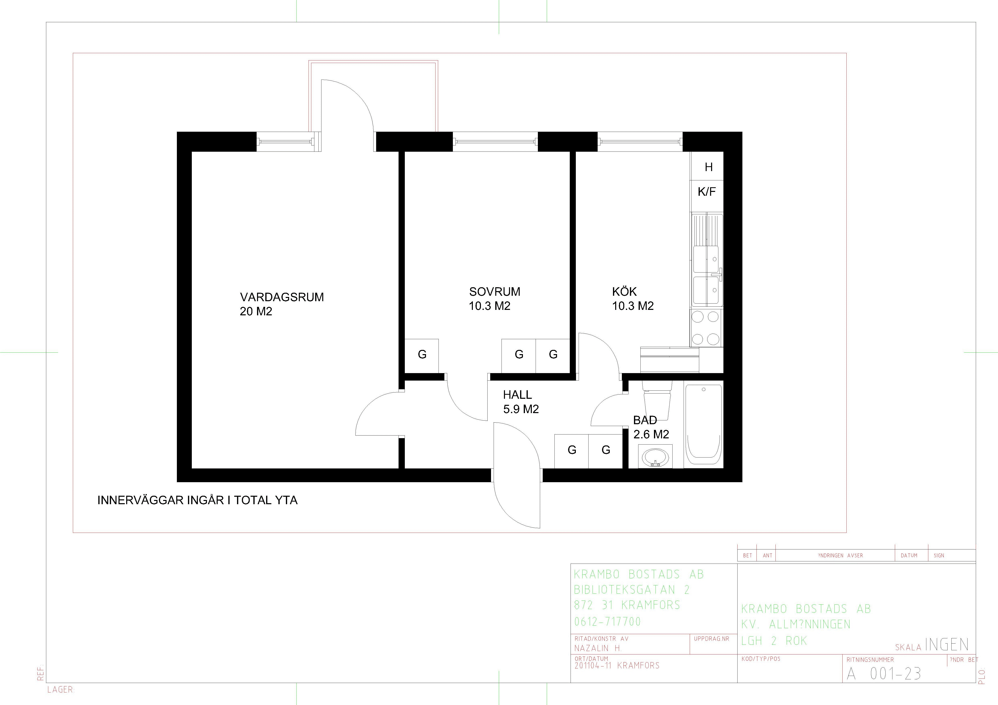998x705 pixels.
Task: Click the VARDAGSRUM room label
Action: [x=282, y=297]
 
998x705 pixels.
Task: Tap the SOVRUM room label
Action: [x=495, y=291]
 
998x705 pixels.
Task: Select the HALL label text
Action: [x=517, y=395]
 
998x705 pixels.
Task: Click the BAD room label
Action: [x=645, y=420]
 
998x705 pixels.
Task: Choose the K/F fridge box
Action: [x=707, y=191]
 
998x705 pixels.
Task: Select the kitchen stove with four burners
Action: [x=706, y=327]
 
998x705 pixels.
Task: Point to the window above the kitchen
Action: [x=640, y=141]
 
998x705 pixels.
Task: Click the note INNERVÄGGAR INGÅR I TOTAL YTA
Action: [x=197, y=500]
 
